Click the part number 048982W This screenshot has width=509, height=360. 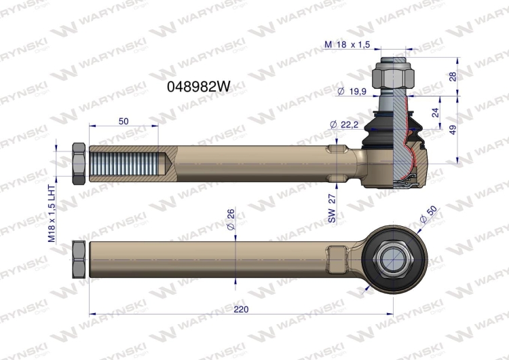198,86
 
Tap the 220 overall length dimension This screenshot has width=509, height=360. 241,309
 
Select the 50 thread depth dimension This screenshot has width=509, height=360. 124,121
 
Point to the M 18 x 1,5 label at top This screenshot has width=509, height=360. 347,45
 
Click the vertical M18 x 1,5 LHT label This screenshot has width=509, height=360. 52,213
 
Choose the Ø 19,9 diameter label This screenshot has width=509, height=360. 352,91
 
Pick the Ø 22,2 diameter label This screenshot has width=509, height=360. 344,124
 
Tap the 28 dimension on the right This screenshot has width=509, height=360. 453,77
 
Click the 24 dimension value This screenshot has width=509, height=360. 436,113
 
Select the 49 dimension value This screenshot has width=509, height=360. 453,129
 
